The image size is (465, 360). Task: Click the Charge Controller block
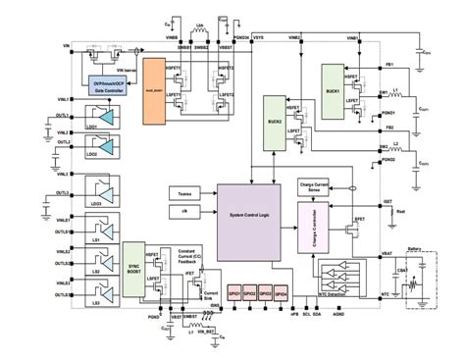(313, 225)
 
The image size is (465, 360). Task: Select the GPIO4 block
(281, 291)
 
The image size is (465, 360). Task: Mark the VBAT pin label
(387, 252)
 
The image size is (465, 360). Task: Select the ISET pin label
(387, 202)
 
